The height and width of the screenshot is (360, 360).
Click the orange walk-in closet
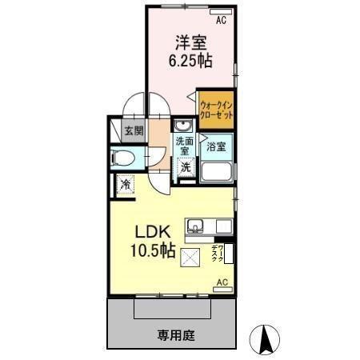tap(216, 108)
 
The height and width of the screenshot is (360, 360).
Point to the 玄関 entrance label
tap(133, 130)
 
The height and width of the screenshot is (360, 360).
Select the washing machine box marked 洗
tap(186, 168)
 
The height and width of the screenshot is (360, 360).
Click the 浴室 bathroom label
tap(216, 147)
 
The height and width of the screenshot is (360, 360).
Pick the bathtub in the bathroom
tap(216, 171)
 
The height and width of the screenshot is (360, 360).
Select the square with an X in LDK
tap(190, 258)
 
